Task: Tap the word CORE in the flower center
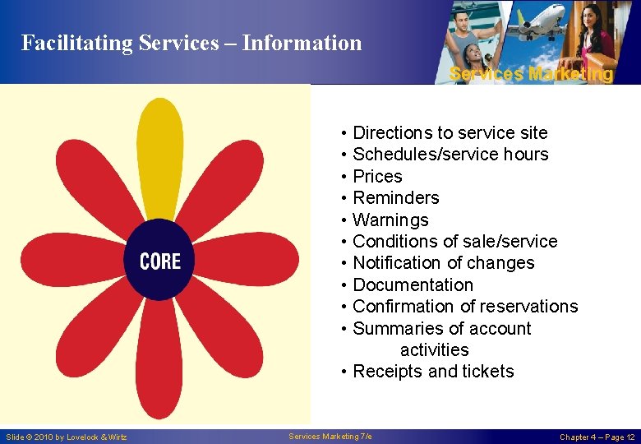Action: [x=160, y=261]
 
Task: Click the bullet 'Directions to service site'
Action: [x=450, y=133]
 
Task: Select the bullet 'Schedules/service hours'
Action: [x=450, y=155]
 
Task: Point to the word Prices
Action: [x=377, y=177]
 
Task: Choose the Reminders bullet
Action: [x=395, y=198]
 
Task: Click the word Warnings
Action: [x=390, y=220]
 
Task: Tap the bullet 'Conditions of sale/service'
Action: [x=454, y=242]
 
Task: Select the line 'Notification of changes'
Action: [x=443, y=263]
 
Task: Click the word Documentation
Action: [x=413, y=285]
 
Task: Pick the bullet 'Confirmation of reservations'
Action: [x=465, y=307]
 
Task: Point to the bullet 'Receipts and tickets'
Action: [x=432, y=372]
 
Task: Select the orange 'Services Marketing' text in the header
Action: [x=531, y=74]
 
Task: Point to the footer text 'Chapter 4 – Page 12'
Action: [x=597, y=437]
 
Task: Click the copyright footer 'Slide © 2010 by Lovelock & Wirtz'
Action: [x=67, y=437]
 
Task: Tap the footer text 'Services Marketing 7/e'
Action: [x=330, y=436]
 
